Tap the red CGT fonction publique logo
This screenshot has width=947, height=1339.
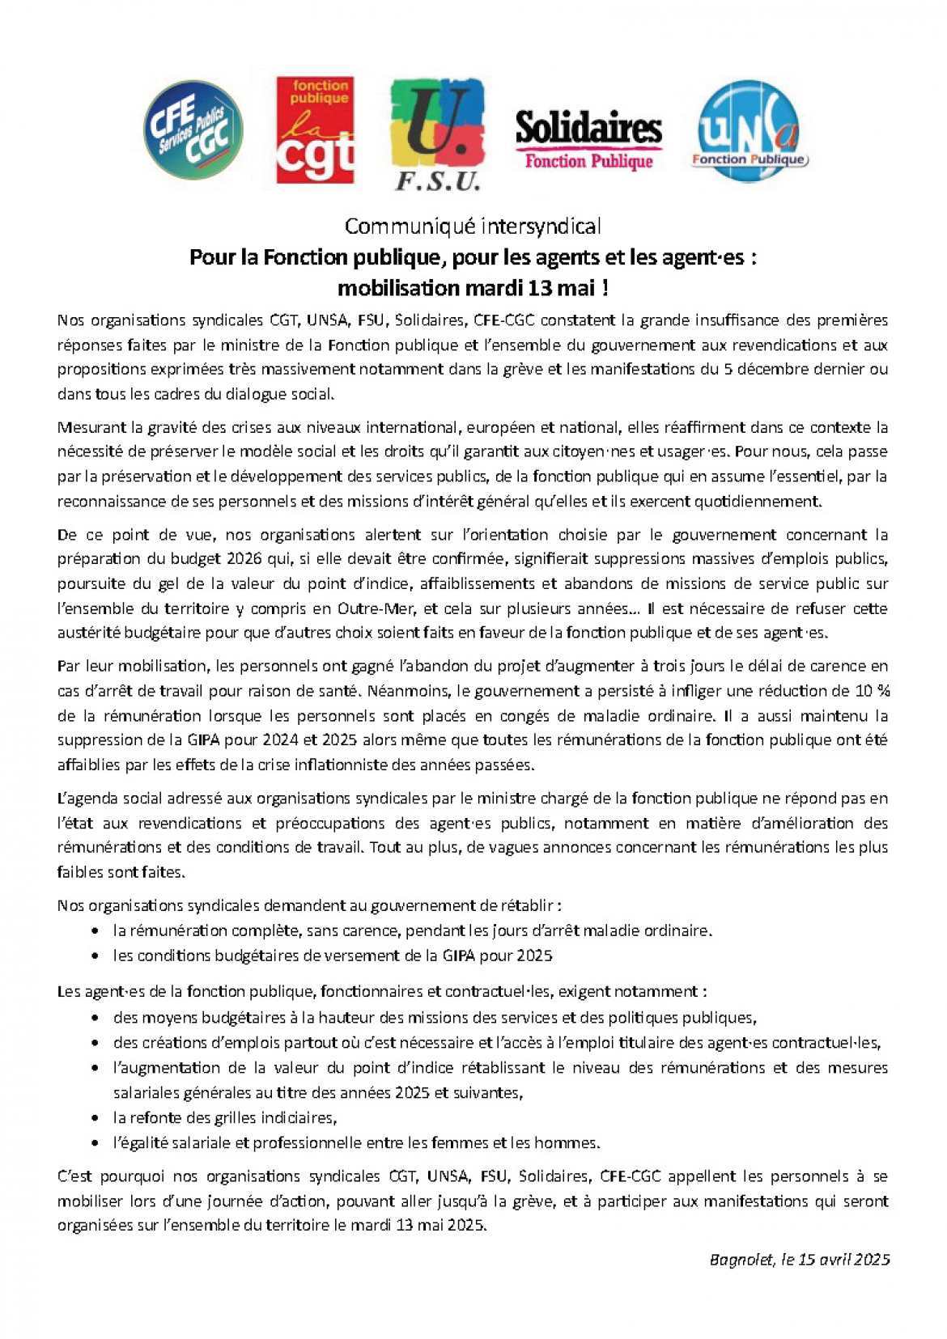click(316, 130)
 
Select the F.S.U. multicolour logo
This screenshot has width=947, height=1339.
click(438, 134)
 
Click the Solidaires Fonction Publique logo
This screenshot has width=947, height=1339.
click(588, 138)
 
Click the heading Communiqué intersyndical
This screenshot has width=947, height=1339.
click(473, 226)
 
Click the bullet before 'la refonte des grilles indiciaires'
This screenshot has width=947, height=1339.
click(96, 1118)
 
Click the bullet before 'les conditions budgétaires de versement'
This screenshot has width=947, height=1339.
click(96, 956)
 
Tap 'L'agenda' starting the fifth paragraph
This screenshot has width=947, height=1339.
click(87, 799)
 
